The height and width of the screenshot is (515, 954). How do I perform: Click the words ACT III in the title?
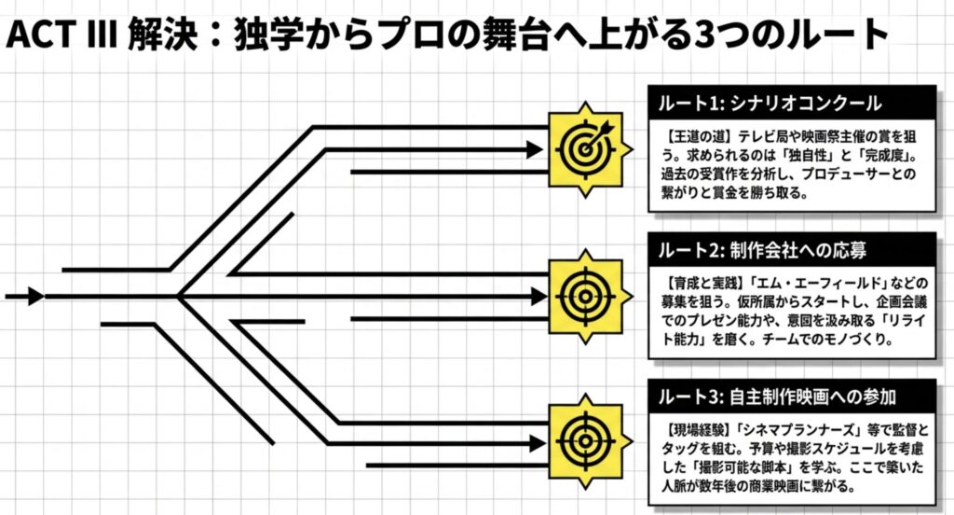coord(60,35)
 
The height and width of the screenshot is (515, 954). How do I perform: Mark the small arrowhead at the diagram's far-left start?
coord(34,297)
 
